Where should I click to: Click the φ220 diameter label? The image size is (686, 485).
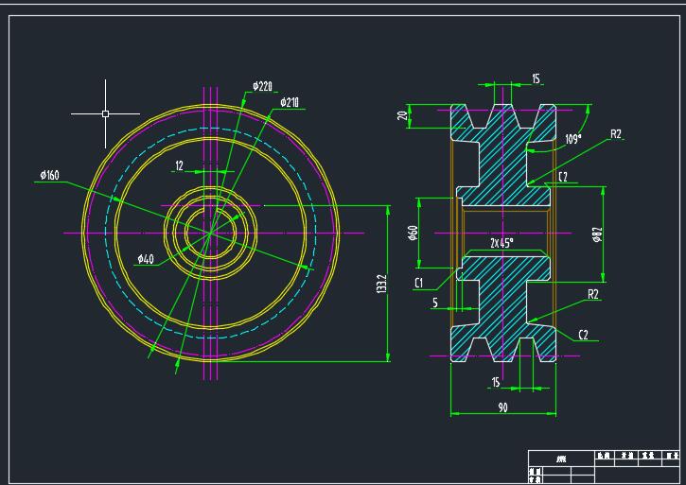tap(263, 86)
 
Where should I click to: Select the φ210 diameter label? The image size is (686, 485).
tap(290, 102)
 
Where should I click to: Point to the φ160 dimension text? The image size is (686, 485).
tap(50, 175)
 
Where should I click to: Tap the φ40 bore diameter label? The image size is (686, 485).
tap(145, 258)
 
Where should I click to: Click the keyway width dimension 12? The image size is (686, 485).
tap(179, 165)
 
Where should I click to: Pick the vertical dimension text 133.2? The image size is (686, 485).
tap(381, 285)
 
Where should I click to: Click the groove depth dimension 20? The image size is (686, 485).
tap(401, 115)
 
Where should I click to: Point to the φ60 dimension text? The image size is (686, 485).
tap(413, 233)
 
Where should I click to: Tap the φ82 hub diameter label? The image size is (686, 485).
tap(597, 234)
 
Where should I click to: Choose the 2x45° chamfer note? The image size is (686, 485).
tap(501, 243)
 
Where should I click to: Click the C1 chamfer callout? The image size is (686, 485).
tap(419, 283)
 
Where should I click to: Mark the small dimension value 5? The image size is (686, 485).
tap(435, 303)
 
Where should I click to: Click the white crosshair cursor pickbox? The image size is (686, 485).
tap(105, 113)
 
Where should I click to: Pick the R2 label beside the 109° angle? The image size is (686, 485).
tap(615, 135)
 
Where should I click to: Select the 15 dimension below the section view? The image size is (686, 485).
tap(495, 382)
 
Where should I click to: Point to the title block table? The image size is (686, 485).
tap(603, 466)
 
